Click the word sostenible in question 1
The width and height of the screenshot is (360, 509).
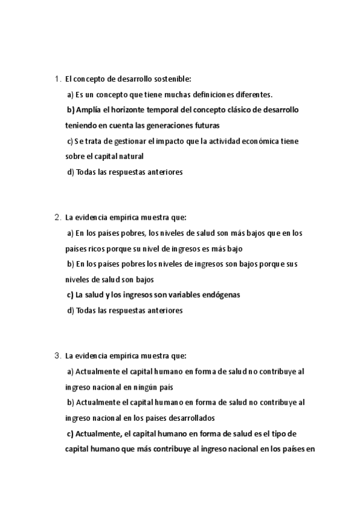tap(172, 79)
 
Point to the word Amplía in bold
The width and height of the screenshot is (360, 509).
tap(89, 110)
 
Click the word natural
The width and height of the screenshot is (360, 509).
tap(132, 157)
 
